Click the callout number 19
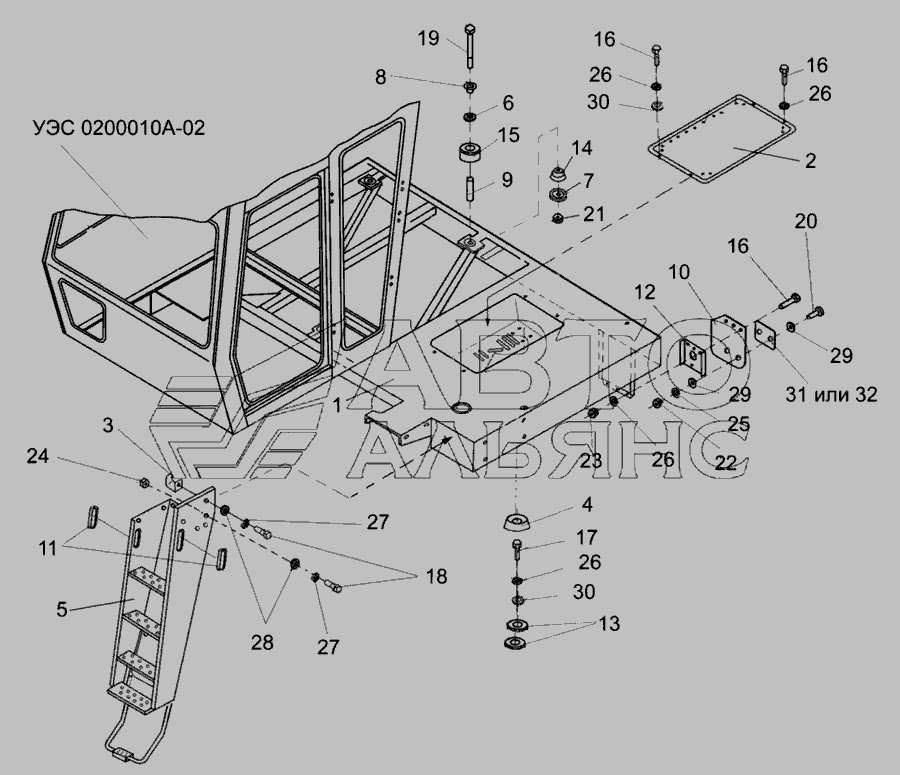click(428, 39)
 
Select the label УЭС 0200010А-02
click(120, 131)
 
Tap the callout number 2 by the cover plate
click(809, 159)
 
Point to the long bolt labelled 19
click(470, 50)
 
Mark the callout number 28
click(262, 642)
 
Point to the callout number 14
click(581, 148)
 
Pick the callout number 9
click(507, 181)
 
